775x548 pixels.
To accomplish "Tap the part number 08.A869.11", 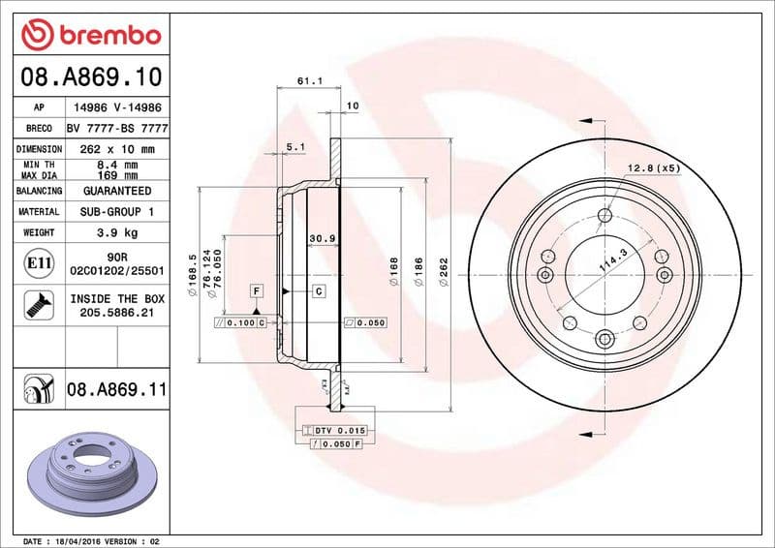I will coord(117,390).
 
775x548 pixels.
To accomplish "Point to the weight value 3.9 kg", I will coord(117,233).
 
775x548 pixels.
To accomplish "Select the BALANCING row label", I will coord(40,191).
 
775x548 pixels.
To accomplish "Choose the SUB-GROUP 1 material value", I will coord(117,211).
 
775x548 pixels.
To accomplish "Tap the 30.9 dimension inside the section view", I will coord(322,238).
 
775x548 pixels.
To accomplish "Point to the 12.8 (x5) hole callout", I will coord(654,168).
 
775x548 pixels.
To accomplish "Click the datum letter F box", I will coord(257,290).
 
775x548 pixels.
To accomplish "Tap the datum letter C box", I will coord(317,290).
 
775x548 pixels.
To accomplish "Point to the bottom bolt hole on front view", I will coord(604,338).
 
